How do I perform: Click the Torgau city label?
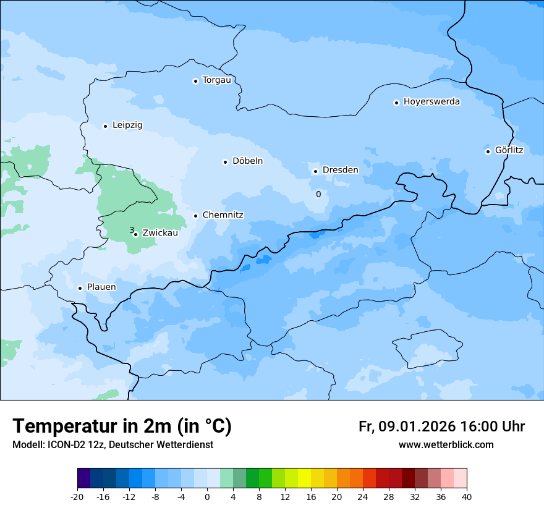coord(216,80)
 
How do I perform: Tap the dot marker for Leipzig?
coord(105,126)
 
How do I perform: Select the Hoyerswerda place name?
coord(431,102)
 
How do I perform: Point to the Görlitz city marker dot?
coord(488,151)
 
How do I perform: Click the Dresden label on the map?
coord(340,170)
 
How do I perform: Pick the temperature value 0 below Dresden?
coord(318,194)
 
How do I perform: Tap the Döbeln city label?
coord(247,161)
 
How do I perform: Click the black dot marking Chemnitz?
coord(196,216)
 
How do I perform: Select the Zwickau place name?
coord(160,233)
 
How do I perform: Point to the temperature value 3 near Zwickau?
coord(131,230)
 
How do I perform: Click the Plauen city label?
coord(101,287)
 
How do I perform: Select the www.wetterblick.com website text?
coord(446,445)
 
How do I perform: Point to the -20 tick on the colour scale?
coord(77,496)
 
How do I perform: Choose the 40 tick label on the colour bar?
coord(467,496)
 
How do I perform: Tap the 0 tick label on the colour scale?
coord(207,496)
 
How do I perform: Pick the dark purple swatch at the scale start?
coord(83,478)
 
